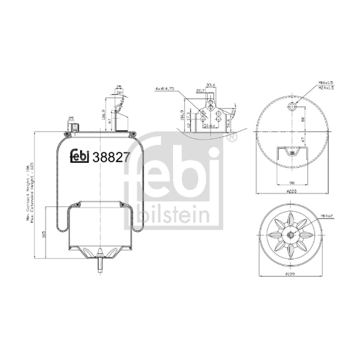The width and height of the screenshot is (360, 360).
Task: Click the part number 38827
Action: (111, 157)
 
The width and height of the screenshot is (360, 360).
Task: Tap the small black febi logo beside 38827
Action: (79, 156)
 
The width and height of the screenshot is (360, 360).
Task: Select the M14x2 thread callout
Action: (326, 216)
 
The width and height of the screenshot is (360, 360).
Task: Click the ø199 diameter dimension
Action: (290, 274)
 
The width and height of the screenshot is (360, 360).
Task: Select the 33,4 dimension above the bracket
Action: (211, 85)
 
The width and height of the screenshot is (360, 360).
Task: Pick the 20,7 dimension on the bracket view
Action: (201, 91)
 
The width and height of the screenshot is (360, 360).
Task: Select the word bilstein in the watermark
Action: (173, 216)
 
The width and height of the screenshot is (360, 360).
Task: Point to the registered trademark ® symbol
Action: (232, 138)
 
